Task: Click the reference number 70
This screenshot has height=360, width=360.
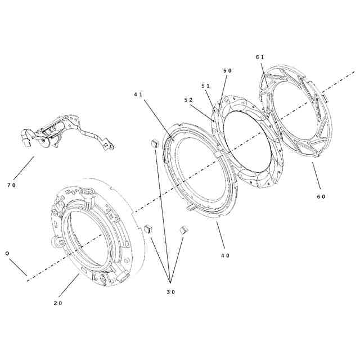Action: point(11,185)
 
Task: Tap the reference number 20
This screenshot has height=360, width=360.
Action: point(58,303)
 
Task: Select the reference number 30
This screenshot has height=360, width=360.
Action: point(170,292)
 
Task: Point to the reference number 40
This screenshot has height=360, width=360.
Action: point(225,256)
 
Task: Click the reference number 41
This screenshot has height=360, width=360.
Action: point(138,94)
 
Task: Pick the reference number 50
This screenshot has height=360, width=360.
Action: point(227,70)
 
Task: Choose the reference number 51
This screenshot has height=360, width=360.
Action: point(206,85)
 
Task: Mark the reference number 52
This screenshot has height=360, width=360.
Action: point(188,100)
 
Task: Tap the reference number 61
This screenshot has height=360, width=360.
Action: point(259,57)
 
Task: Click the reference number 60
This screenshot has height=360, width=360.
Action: point(321,196)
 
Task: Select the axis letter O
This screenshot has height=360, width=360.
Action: point(7,254)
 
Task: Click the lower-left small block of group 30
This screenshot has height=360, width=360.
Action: point(148,228)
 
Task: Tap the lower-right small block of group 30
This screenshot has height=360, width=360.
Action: point(183,230)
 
